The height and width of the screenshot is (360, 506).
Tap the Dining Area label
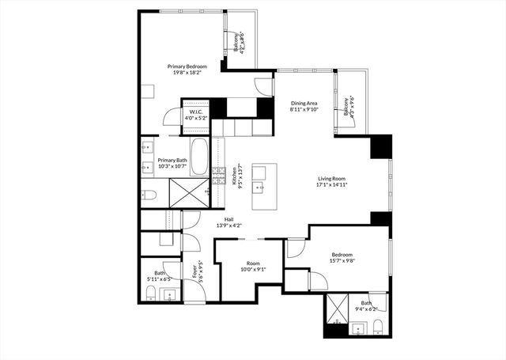304,104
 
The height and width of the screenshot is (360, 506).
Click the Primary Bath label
172,160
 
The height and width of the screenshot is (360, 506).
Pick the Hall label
228,219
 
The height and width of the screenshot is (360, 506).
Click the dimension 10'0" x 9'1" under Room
253,269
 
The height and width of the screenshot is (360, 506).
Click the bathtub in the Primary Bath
198,155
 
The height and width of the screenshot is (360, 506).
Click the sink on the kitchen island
259,188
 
